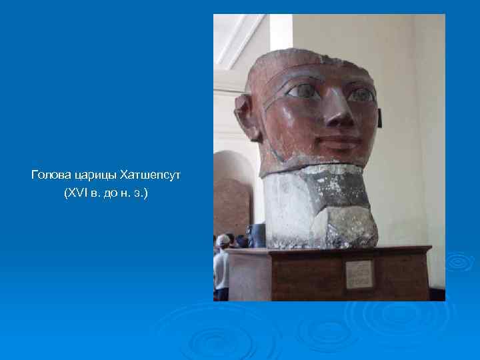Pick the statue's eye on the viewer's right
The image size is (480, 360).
click(x=361, y=95)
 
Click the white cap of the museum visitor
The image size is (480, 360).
click(x=223, y=239)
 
